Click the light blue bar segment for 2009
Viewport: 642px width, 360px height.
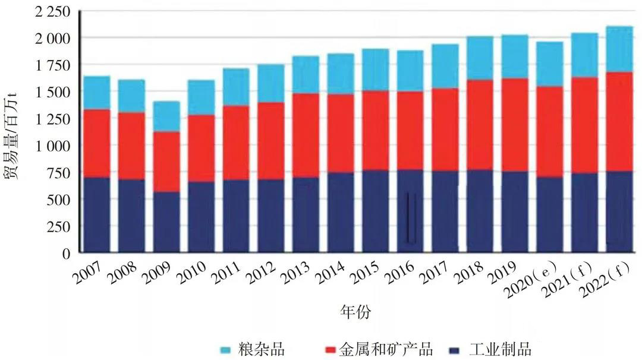(x=166, y=116)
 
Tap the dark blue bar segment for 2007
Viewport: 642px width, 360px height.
(x=96, y=214)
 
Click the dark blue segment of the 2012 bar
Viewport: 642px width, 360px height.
(x=270, y=216)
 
